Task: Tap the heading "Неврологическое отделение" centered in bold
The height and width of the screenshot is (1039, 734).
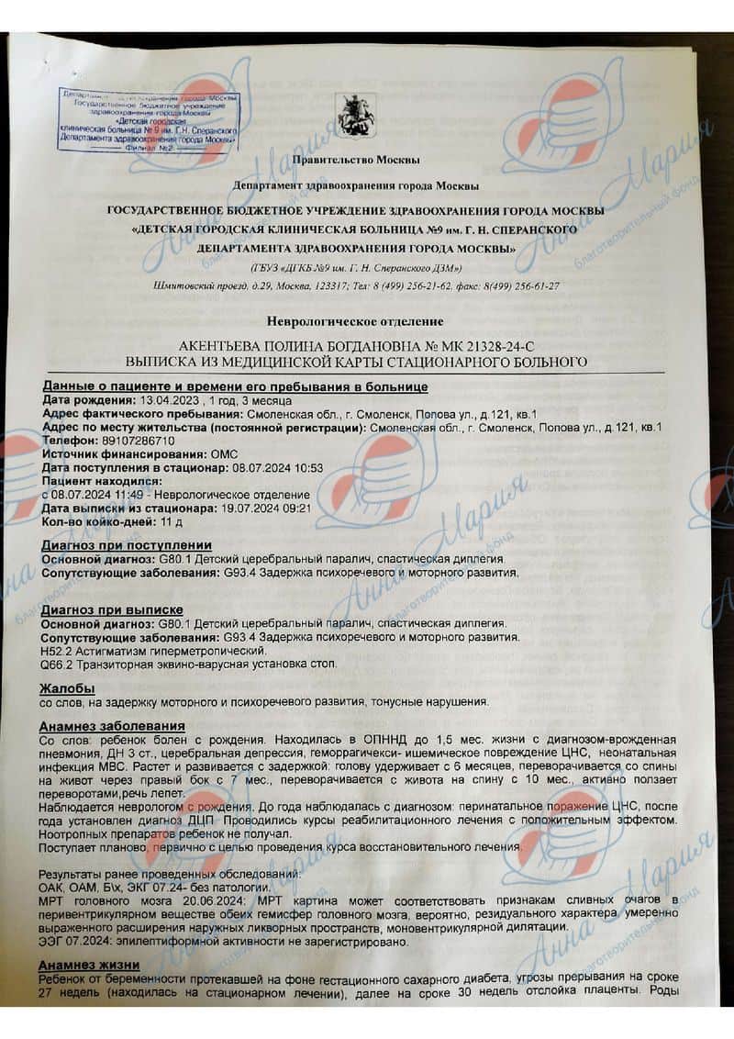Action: [355, 321]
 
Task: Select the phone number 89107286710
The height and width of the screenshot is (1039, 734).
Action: [131, 441]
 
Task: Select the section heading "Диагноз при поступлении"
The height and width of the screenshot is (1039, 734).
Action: [126, 545]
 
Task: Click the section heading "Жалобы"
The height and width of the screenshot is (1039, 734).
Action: [66, 688]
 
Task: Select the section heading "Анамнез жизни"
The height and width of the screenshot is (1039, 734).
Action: [89, 965]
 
